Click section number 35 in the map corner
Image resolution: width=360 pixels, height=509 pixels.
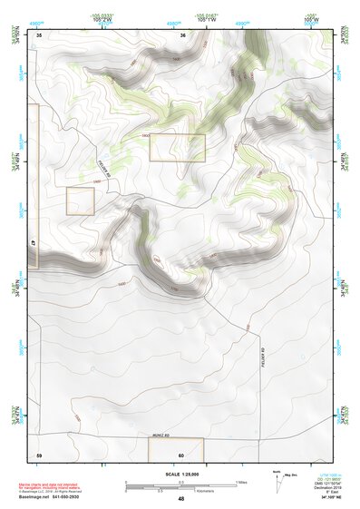[x=40, y=34]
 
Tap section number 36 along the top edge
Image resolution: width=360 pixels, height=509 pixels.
[x=183, y=34]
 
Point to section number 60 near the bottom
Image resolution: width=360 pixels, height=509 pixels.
[x=181, y=454]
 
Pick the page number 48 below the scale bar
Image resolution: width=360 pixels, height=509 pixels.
[x=181, y=499]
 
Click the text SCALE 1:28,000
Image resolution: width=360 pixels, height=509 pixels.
[x=180, y=475]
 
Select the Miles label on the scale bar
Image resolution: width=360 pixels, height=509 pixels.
[x=241, y=482]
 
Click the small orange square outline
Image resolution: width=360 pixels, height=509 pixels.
[x=80, y=201]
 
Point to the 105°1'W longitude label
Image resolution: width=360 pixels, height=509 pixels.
[x=208, y=17]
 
